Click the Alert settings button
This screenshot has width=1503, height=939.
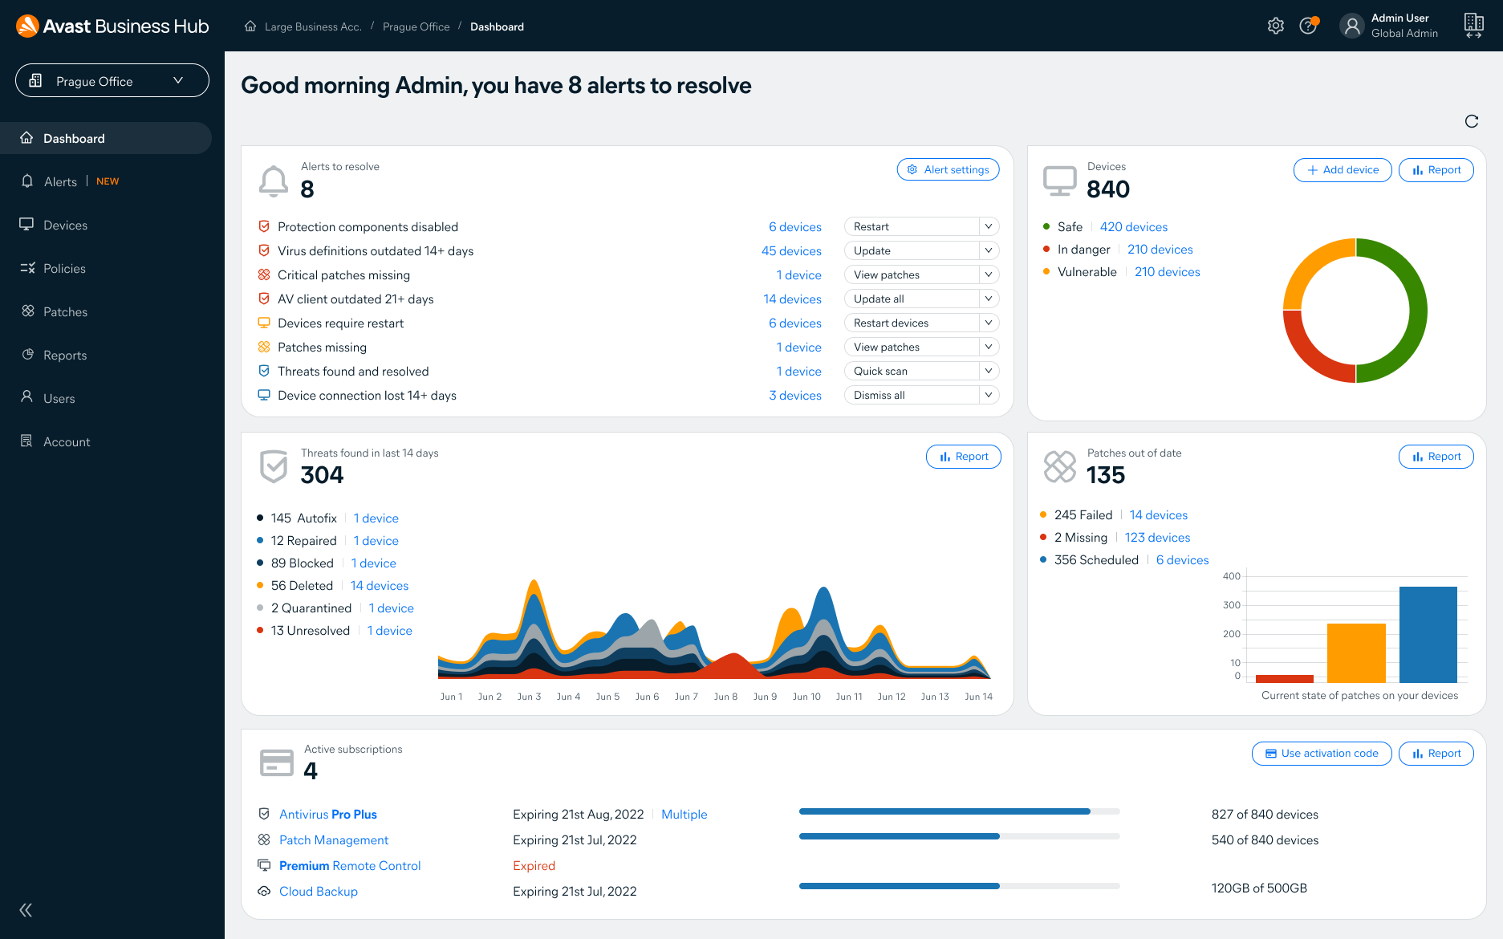(x=948, y=169)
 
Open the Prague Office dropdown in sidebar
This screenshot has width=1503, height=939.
(x=112, y=80)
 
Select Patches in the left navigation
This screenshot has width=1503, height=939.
(x=65, y=311)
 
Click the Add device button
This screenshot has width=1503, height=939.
(x=1342, y=169)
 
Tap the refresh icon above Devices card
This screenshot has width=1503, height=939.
(x=1471, y=121)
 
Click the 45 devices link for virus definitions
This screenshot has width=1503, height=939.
(x=791, y=251)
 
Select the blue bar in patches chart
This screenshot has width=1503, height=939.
(x=1428, y=634)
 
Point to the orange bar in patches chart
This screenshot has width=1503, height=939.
(x=1356, y=652)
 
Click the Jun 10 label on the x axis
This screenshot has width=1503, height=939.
(x=806, y=697)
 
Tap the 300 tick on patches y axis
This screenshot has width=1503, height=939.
(x=1231, y=605)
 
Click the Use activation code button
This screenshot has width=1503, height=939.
(x=1321, y=753)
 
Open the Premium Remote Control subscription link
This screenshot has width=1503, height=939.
(x=350, y=865)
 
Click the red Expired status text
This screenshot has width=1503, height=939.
(x=534, y=865)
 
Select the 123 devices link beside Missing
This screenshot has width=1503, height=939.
(x=1157, y=538)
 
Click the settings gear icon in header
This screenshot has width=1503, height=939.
(x=1275, y=26)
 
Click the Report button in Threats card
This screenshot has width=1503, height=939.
(x=963, y=456)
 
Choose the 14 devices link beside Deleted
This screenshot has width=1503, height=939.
(x=380, y=586)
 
